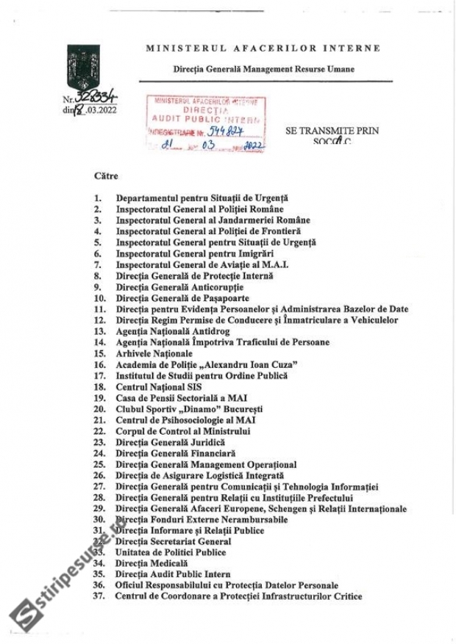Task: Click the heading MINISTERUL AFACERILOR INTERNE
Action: click(x=263, y=48)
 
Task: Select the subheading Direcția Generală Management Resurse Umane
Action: click(x=263, y=68)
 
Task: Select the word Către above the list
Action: click(x=106, y=176)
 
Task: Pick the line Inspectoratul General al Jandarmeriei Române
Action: click(x=213, y=220)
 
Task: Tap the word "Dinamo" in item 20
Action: click(x=190, y=409)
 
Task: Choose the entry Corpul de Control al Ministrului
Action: click(x=183, y=431)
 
